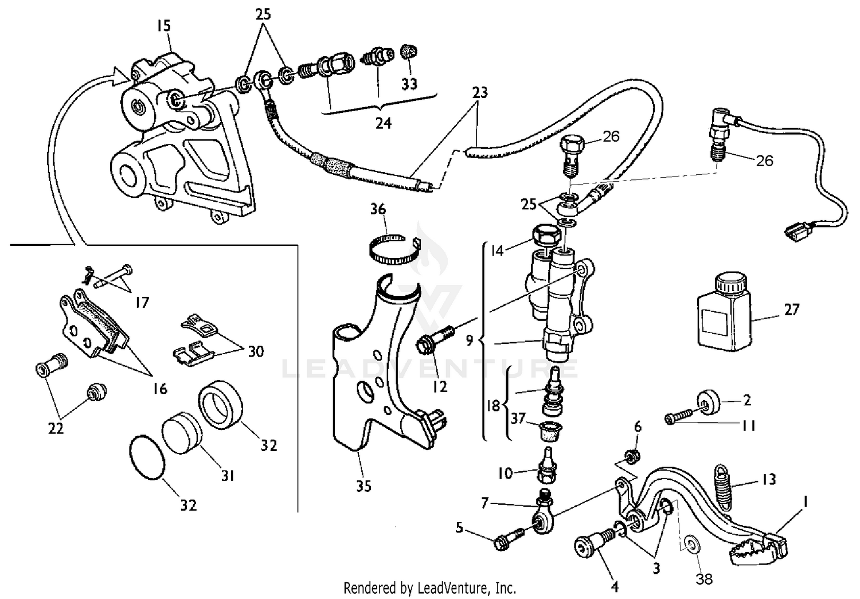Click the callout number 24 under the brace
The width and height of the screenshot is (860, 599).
click(x=383, y=123)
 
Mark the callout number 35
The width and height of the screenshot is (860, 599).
click(x=363, y=486)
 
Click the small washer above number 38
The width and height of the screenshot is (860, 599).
click(x=691, y=542)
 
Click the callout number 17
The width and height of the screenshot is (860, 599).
click(x=142, y=302)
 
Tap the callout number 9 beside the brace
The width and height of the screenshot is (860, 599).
click(x=470, y=340)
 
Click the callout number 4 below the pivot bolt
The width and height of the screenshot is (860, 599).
click(x=615, y=586)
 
